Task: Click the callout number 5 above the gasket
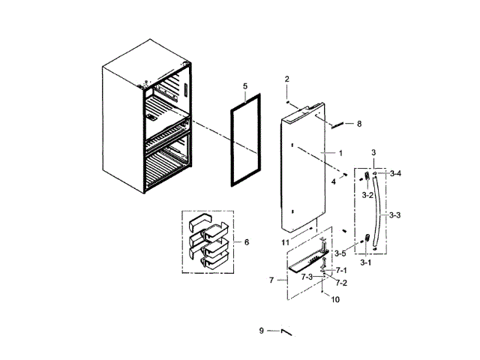coord(245,87)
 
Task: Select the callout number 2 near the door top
coord(286,79)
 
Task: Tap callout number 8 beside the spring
coord(358,124)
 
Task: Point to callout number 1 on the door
coord(340,153)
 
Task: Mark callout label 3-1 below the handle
coord(366,262)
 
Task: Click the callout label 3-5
coord(340,253)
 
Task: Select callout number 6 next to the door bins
coord(246,241)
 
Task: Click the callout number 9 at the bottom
coord(262,331)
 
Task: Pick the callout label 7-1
coord(340,270)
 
